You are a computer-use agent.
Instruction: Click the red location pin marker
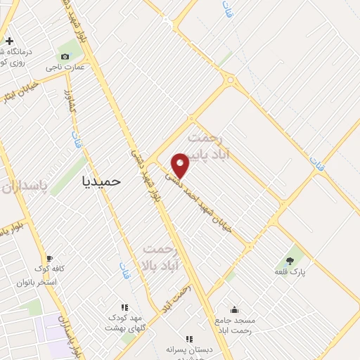pos(181,165)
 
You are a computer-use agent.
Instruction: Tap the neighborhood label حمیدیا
pos(101,181)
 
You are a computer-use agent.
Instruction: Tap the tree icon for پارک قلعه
pos(290,259)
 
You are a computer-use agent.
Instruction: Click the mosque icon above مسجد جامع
pos(234,309)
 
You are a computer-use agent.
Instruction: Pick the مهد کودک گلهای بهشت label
pos(124,323)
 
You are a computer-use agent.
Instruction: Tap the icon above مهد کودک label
pos(124,307)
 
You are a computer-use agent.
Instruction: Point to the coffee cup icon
pos(49,258)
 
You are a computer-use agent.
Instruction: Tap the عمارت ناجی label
pos(65,67)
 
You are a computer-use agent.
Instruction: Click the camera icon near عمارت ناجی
pos(65,56)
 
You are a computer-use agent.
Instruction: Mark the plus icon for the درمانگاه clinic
pos(8,41)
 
